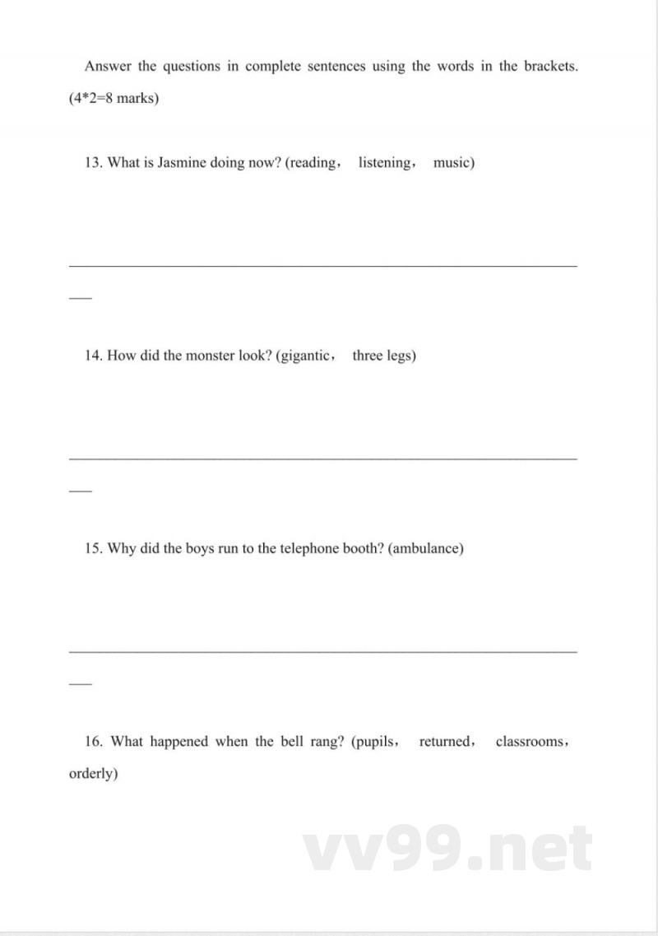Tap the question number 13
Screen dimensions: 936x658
click(93, 162)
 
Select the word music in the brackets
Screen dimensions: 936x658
click(452, 162)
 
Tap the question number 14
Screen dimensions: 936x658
click(93, 356)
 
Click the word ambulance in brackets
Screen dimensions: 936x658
click(424, 548)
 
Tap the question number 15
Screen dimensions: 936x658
click(93, 548)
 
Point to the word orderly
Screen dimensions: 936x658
click(92, 774)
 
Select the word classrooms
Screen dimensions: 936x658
click(530, 741)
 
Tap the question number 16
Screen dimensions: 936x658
click(94, 741)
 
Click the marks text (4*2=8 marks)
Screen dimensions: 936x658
click(114, 99)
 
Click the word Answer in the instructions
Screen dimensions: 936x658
click(108, 67)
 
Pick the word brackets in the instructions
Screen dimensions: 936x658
click(549, 67)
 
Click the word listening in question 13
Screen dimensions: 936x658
click(385, 162)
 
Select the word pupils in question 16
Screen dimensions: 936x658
click(374, 741)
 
